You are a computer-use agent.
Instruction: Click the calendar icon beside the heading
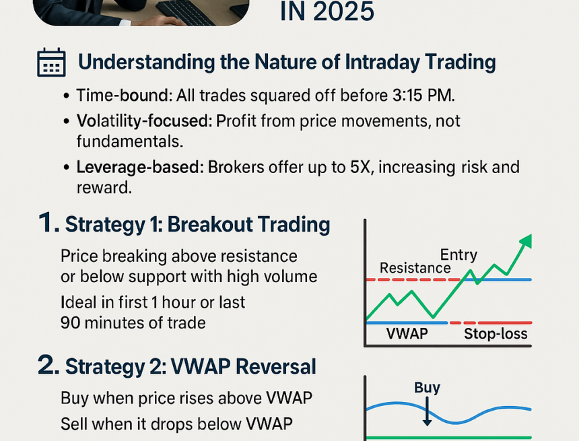pos(50,62)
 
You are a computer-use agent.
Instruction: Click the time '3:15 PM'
pos(412,96)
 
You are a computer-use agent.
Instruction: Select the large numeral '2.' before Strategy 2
pos(48,366)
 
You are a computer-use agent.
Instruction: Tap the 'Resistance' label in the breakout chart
pos(415,268)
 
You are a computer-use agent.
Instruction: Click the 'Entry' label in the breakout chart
pos(458,255)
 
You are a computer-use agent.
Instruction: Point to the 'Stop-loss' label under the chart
pos(496,334)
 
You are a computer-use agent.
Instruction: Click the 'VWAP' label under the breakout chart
pos(407,334)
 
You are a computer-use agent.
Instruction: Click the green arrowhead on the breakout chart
pos(525,242)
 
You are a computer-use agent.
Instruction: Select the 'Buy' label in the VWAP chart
pos(427,387)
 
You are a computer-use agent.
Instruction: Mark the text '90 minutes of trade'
pos(133,323)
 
